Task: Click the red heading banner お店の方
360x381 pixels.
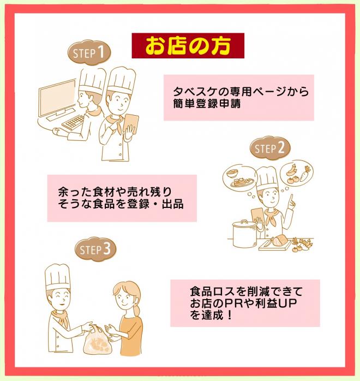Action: [x=188, y=46]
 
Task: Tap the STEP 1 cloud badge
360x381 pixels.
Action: [x=89, y=53]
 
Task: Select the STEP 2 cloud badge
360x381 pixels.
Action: [x=270, y=148]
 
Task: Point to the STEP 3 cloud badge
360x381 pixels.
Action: [x=95, y=249]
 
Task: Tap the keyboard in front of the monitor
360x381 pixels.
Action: [x=73, y=122]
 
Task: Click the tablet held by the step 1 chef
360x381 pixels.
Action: [x=131, y=124]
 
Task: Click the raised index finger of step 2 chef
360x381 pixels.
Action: [x=291, y=199]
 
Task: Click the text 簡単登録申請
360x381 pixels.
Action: [x=207, y=104]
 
